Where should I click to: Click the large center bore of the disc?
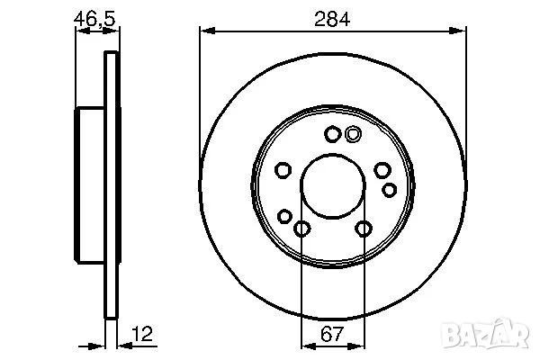point(333,184)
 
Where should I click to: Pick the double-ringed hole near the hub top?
point(353,135)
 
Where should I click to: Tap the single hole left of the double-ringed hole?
point(332,135)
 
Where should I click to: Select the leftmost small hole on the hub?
point(282,171)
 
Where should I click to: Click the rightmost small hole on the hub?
point(390,189)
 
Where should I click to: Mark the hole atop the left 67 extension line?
point(301,229)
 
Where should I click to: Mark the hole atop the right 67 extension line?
point(364,229)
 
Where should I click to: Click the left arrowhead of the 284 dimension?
point(205,31)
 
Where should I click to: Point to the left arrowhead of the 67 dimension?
point(306,345)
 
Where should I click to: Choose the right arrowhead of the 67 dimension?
point(359,345)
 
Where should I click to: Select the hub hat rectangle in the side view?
point(91,184)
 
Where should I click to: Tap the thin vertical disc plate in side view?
point(112,184)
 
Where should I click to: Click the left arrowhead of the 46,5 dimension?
point(80,31)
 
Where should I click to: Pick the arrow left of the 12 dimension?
point(100,345)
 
